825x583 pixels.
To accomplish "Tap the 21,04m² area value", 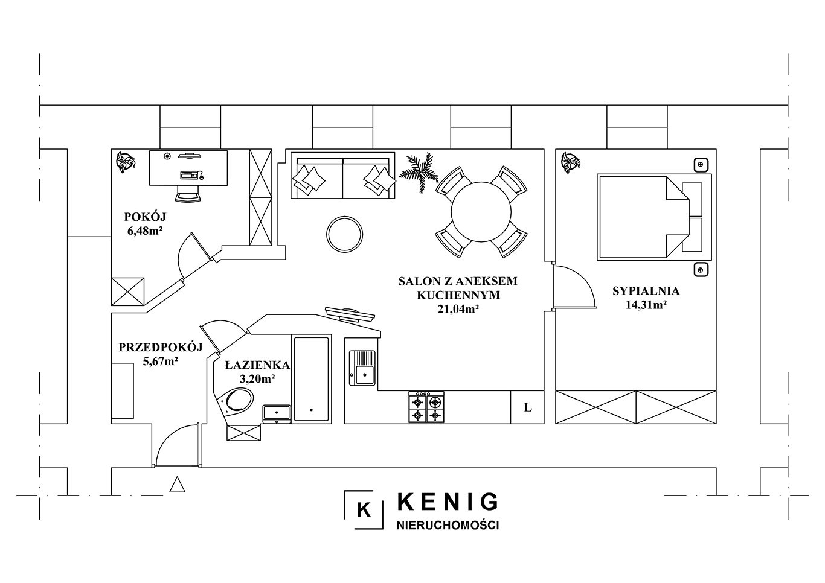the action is (x=458, y=309).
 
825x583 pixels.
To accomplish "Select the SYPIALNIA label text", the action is (x=646, y=291).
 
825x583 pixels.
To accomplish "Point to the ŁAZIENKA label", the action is (x=257, y=365).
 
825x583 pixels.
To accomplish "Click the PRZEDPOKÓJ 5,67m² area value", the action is (x=160, y=362).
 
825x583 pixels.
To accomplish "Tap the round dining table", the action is (x=481, y=212).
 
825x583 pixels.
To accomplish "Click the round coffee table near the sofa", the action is (x=344, y=234).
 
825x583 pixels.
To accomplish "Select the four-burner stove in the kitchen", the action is (x=426, y=407).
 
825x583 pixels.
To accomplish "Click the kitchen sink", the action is (x=362, y=368).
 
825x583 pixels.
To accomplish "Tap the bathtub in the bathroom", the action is (x=311, y=379).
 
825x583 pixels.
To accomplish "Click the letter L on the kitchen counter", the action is (x=528, y=407).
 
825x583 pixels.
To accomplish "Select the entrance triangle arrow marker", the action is (x=177, y=485).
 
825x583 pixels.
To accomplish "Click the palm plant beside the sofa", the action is (x=419, y=172).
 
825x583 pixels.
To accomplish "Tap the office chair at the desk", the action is (x=188, y=193).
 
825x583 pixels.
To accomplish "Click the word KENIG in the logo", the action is (x=448, y=502).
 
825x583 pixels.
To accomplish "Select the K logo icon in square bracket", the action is (x=364, y=509).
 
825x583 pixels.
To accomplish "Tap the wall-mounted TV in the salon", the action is (x=350, y=314).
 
